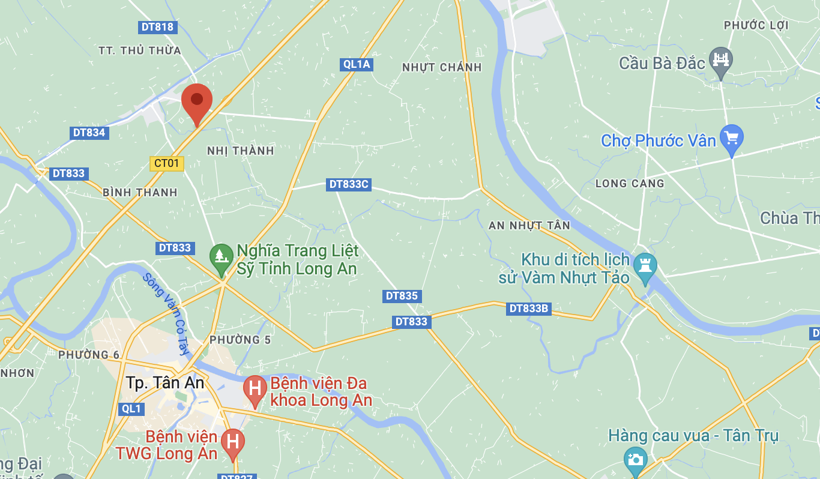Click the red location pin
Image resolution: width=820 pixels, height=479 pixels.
(x=197, y=101)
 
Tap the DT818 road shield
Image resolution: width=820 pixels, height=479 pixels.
(x=157, y=27)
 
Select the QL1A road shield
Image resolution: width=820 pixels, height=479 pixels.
(x=357, y=64)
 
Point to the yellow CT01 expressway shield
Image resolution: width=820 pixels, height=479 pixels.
(x=166, y=163)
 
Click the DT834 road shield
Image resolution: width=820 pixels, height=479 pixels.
(x=89, y=133)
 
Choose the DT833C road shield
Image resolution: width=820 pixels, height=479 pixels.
(x=349, y=184)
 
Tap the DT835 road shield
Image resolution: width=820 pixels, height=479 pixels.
(x=402, y=296)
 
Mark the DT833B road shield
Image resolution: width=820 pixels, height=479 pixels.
(x=529, y=309)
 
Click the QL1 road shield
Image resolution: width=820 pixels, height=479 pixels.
(x=131, y=409)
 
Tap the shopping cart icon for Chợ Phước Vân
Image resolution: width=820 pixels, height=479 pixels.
(x=731, y=137)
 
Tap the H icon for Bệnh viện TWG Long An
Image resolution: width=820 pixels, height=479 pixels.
(x=233, y=442)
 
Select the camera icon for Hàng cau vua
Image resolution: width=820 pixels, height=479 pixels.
(x=635, y=459)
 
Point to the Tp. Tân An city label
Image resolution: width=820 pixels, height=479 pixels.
(x=165, y=383)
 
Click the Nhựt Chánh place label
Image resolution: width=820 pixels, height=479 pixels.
(x=442, y=67)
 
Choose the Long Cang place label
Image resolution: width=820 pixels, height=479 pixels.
(x=630, y=183)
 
